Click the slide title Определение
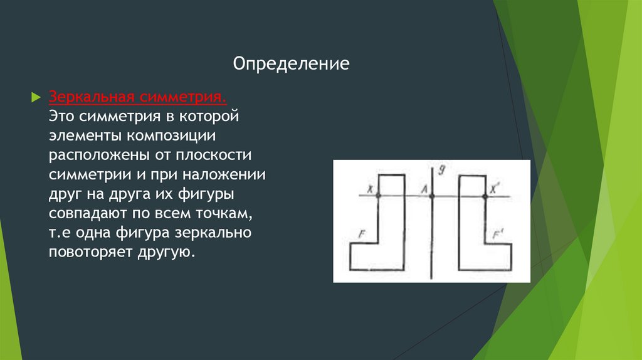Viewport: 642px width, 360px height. pos(291,64)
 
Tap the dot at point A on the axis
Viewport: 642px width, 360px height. pos(431,196)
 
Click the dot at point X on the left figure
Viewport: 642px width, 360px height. pos(378,196)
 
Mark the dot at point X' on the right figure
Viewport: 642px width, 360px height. pos(485,196)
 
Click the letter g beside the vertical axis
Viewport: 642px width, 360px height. pos(442,169)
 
